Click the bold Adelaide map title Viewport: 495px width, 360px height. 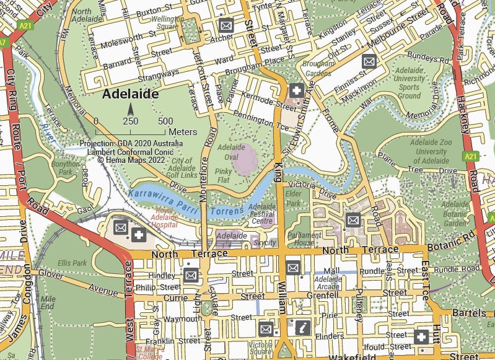(x=130, y=94)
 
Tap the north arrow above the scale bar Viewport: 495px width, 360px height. (x=131, y=110)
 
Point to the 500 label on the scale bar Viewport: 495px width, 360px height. (x=165, y=121)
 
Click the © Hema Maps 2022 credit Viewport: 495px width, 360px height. (x=131, y=159)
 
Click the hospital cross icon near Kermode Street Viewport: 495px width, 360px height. (x=296, y=90)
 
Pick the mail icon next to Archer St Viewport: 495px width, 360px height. (x=226, y=26)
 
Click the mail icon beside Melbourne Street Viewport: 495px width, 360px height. (x=369, y=61)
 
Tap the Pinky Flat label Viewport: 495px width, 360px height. (x=224, y=175)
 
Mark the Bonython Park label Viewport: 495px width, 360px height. (x=66, y=168)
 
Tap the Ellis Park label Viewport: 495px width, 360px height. (x=72, y=263)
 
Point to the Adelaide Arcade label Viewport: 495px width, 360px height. (x=328, y=283)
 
